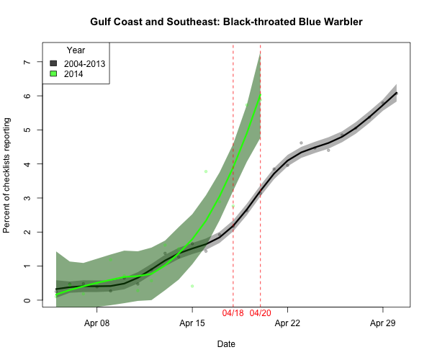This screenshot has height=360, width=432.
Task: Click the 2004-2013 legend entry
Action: tap(84, 64)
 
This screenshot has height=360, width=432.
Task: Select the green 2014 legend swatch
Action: tap(53, 74)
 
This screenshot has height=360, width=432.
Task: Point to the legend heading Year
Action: tap(76, 50)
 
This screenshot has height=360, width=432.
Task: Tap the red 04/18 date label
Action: tap(233, 314)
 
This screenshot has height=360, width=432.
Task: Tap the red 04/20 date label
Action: tap(261, 314)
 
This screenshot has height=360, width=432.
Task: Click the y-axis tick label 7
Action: tap(27, 62)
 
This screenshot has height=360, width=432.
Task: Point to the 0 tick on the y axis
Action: tap(27, 300)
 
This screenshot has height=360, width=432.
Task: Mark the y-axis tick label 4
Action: tap(27, 164)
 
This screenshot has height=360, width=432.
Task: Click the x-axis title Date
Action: tap(226, 344)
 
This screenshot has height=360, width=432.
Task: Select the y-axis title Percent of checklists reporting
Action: tap(9, 176)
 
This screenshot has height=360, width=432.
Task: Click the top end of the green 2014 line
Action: tap(260, 95)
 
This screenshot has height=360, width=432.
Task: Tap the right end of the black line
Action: tap(397, 93)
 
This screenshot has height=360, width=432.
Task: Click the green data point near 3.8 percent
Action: tap(206, 171)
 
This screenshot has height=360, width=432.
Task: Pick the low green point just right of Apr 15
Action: tap(192, 286)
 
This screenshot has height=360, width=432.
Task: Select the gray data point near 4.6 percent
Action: tap(301, 143)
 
